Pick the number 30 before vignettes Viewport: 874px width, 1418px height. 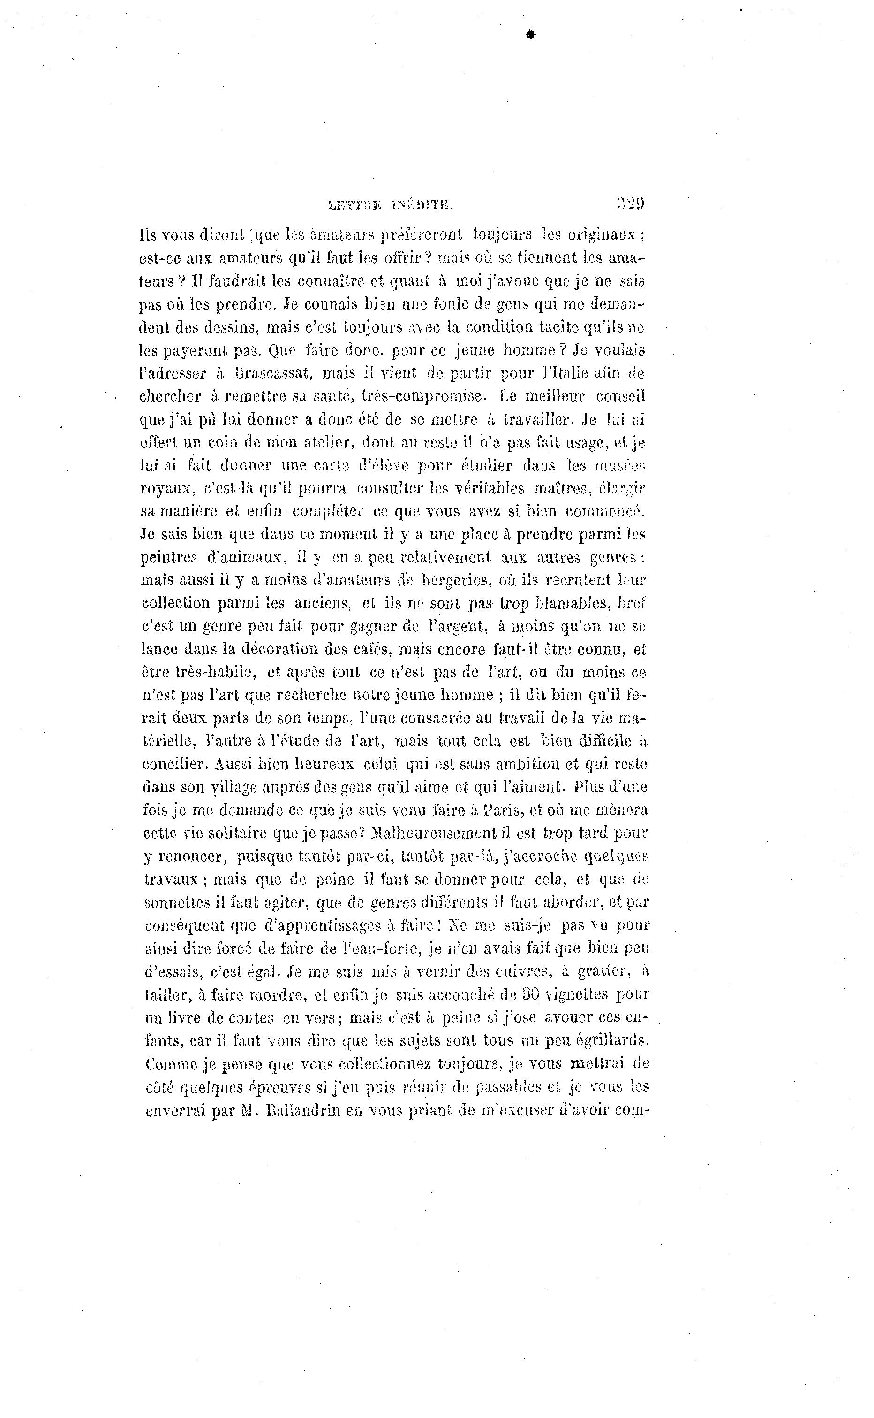[531, 995]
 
